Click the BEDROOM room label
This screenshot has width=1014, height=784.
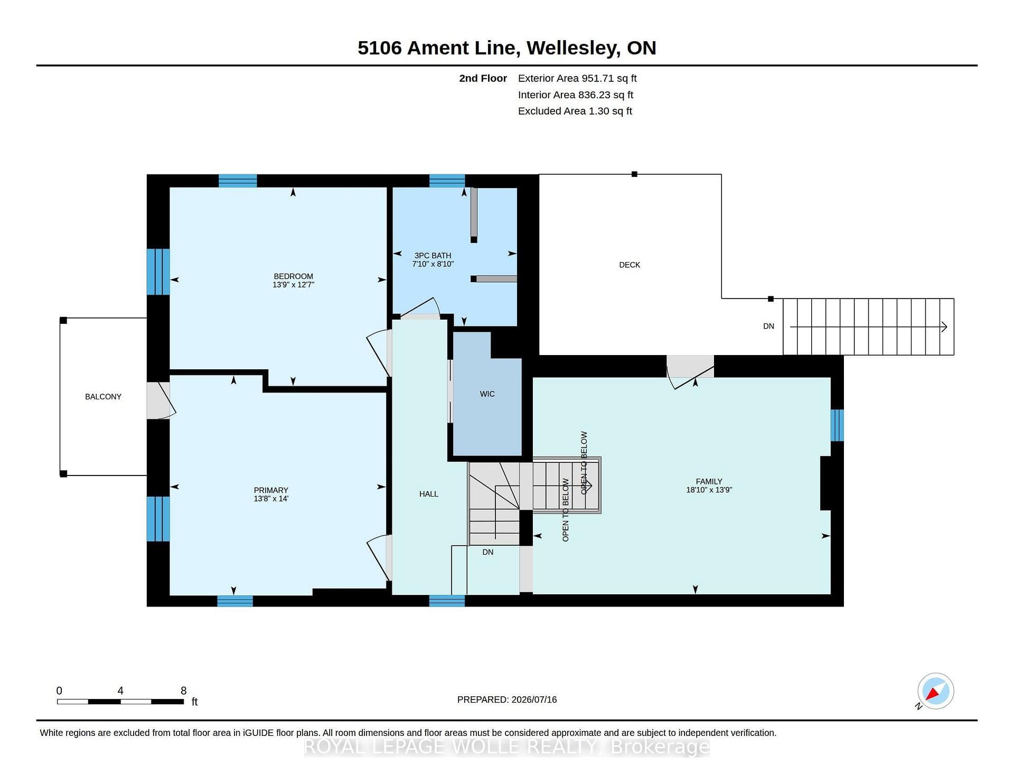293,276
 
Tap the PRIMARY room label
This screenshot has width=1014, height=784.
271,490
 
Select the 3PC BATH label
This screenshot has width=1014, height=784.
433,256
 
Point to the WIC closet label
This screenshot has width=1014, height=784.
487,394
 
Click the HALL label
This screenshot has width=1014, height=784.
429,494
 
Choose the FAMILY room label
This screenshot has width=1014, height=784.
709,482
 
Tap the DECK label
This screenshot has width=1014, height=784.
630,265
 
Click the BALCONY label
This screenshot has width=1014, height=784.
104,397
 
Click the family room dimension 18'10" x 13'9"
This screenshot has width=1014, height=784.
709,490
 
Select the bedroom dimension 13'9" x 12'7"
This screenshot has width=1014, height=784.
293,285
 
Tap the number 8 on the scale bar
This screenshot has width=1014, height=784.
184,690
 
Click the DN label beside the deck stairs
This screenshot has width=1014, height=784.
769,326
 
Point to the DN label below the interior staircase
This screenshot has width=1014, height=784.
488,552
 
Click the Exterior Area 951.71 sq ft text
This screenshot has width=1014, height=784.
577,79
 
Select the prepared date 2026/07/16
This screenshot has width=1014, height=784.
534,699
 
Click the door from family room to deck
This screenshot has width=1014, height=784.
690,371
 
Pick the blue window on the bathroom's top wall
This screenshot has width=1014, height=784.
447,181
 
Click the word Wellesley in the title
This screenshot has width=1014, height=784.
573,48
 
